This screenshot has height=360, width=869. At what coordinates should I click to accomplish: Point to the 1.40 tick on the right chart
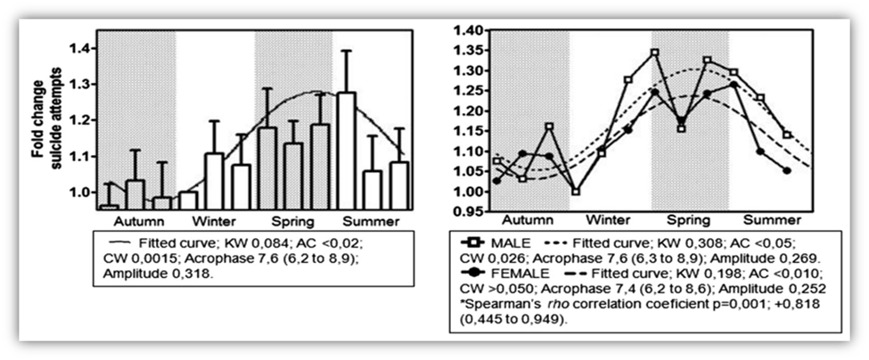coord(471,30)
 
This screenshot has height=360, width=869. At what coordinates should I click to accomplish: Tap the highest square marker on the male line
coord(655,53)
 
